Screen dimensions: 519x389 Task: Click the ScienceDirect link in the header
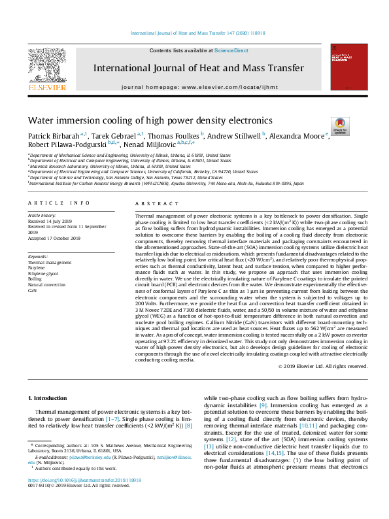coord(232,50)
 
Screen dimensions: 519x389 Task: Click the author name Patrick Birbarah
coord(50,135)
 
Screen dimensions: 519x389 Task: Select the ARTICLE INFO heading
coord(54,203)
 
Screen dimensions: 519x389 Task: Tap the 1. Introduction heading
coord(49,398)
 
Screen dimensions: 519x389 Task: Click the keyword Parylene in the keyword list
coord(36,267)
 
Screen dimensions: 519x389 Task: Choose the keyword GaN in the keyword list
coord(32,291)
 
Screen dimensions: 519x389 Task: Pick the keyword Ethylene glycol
coord(42,273)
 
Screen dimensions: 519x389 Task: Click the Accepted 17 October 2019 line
coord(54,238)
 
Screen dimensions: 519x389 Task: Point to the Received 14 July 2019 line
coord(50,220)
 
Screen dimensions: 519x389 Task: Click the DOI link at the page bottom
coord(84,498)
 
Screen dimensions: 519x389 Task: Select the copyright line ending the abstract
coord(332,366)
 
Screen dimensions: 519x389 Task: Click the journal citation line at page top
coord(194,32)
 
